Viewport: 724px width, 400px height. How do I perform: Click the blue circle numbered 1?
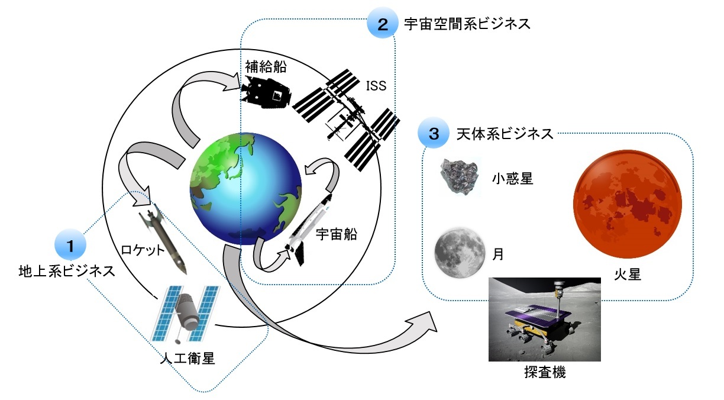tap(70, 245)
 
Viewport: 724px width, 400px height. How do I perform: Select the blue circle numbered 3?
tap(434, 134)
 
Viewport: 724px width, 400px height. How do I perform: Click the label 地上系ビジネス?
tap(66, 272)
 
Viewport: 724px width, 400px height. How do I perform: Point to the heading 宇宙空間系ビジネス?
tap(467, 24)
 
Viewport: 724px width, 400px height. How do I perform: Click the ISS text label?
tap(375, 86)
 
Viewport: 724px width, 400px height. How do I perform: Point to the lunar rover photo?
tap(545, 319)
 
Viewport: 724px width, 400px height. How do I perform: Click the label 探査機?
tap(545, 373)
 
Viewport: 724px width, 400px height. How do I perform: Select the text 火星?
tap(628, 275)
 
